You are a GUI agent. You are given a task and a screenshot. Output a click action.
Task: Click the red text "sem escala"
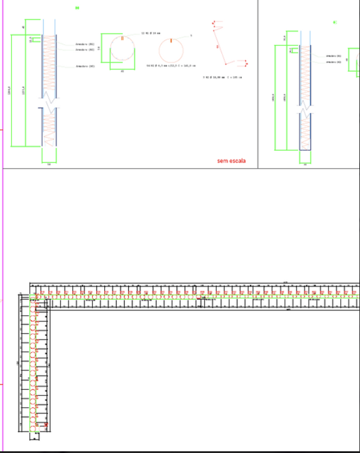[x=230, y=161]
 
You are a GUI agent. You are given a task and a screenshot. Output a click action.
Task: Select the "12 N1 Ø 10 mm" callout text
[x=150, y=33]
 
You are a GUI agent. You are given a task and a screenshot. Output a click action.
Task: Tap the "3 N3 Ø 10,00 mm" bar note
[x=222, y=77]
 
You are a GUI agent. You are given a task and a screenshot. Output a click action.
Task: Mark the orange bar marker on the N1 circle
[x=122, y=38]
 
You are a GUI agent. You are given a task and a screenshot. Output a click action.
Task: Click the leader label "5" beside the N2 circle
[x=191, y=36]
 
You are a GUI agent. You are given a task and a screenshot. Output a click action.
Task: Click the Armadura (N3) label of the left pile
[x=84, y=66]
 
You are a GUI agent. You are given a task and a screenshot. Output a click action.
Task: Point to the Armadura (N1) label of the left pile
[x=84, y=44]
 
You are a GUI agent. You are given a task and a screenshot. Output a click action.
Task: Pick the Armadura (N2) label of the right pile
[x=334, y=61]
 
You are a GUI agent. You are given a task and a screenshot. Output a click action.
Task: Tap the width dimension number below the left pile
[x=49, y=165]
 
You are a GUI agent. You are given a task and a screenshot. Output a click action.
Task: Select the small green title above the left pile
[x=77, y=8]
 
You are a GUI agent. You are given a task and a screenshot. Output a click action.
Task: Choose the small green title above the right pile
[x=334, y=22]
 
